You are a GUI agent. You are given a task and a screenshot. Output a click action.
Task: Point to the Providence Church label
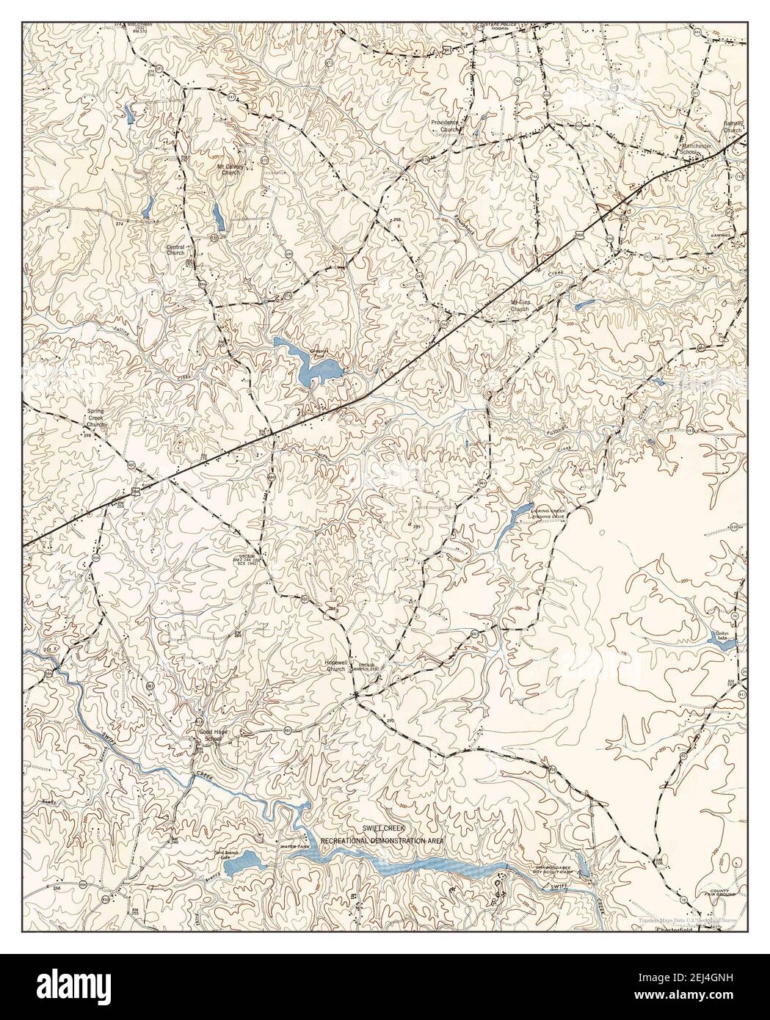coord(444,125)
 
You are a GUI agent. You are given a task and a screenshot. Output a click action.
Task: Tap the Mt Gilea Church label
coord(520,306)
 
